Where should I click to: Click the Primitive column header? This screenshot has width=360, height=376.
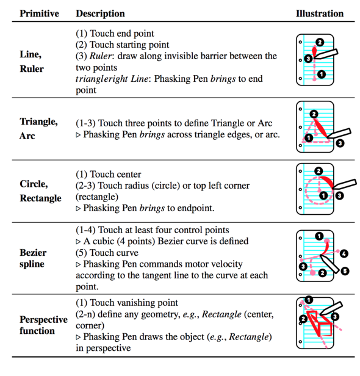click(x=39, y=13)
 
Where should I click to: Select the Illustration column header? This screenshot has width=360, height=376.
click(x=320, y=13)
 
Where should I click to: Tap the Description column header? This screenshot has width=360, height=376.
click(x=100, y=13)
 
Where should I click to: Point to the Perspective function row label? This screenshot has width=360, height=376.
click(x=43, y=325)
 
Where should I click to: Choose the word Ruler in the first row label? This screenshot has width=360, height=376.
click(x=32, y=69)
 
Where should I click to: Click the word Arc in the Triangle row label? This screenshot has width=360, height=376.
click(x=27, y=136)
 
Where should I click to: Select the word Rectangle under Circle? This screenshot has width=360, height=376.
click(x=40, y=198)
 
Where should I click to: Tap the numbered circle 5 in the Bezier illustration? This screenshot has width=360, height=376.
click(x=345, y=271)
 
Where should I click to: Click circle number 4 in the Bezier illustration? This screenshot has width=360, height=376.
click(x=344, y=254)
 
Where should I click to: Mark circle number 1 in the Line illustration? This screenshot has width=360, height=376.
click(x=322, y=74)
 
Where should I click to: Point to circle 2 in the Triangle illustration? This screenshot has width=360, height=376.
click(x=314, y=114)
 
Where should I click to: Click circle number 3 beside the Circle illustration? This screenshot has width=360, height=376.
click(x=339, y=196)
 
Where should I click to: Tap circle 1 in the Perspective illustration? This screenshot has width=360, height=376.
click(x=309, y=300)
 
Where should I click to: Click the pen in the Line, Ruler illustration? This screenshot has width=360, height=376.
click(x=326, y=54)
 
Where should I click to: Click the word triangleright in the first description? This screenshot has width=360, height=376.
click(x=102, y=79)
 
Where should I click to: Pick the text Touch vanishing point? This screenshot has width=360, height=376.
click(x=134, y=303)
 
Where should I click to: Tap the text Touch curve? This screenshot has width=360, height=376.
click(x=114, y=253)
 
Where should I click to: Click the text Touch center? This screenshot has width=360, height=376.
click(x=115, y=174)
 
